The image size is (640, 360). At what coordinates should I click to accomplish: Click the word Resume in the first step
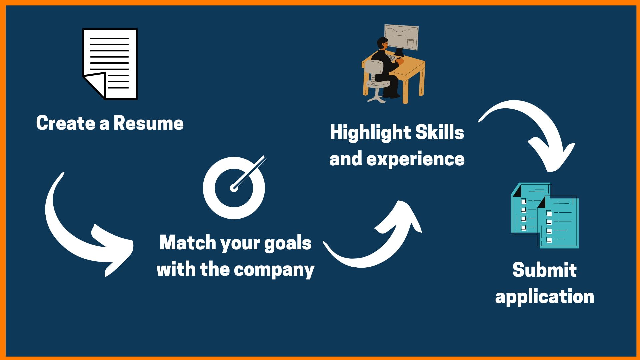[x=149, y=123]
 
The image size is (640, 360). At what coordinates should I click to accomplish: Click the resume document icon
[x=110, y=64]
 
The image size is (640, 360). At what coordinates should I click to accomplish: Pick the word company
[x=274, y=270]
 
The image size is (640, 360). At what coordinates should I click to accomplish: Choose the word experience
[x=415, y=159]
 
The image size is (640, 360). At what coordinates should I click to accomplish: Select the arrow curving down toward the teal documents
[x=540, y=123]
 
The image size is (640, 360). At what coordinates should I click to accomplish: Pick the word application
[x=545, y=297]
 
